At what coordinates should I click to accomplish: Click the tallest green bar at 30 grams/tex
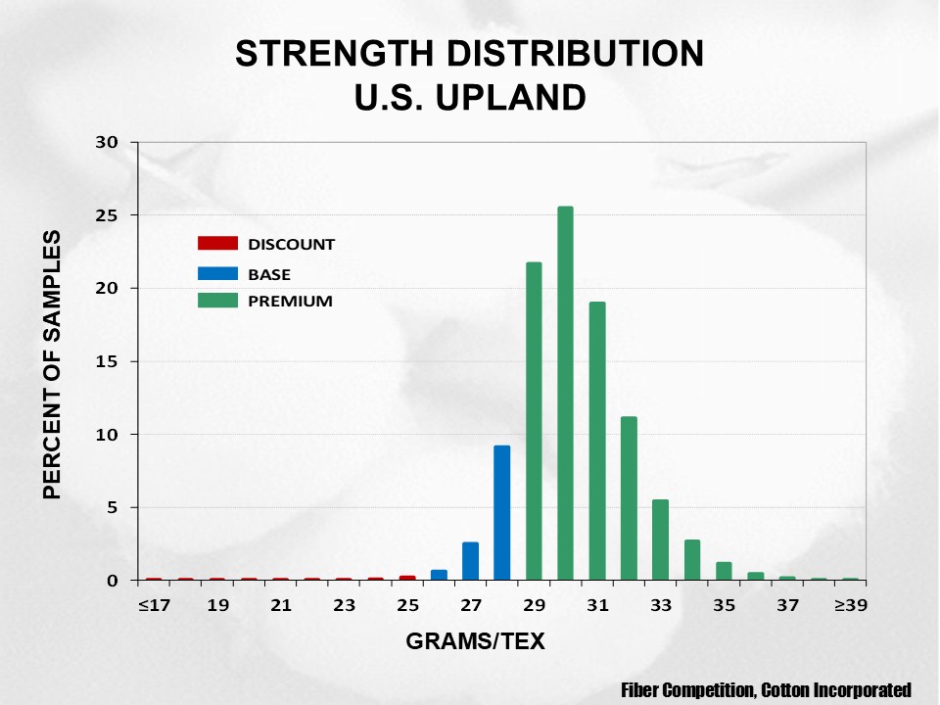pyautogui.click(x=565, y=393)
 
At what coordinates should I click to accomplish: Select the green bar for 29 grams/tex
pyautogui.click(x=534, y=421)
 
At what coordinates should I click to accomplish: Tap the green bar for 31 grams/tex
pyautogui.click(x=597, y=441)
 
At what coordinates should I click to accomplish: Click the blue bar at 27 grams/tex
pyautogui.click(x=471, y=560)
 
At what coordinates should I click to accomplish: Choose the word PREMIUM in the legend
pyautogui.click(x=290, y=302)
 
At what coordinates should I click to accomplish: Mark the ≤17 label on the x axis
pyautogui.click(x=154, y=606)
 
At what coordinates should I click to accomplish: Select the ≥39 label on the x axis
pyautogui.click(x=850, y=606)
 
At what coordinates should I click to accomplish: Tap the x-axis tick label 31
pyautogui.click(x=597, y=606)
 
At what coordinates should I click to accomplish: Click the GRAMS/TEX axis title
pyautogui.click(x=475, y=642)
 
